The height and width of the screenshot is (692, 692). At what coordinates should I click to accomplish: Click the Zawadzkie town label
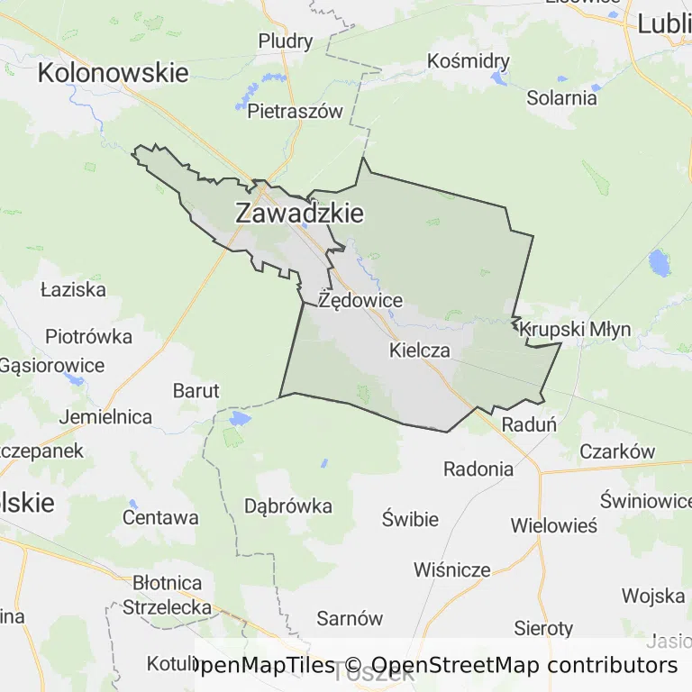tap(299, 214)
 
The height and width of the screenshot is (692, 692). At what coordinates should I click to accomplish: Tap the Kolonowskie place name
tap(114, 73)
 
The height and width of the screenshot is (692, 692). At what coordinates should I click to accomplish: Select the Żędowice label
tap(360, 300)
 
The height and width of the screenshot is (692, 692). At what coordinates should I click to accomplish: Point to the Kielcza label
tap(419, 351)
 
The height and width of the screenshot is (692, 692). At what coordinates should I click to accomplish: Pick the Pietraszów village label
tap(296, 112)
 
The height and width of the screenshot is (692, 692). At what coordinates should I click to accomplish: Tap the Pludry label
tap(285, 41)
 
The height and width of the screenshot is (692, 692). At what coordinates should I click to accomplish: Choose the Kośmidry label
tap(469, 61)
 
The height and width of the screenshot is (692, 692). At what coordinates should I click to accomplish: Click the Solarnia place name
tap(562, 97)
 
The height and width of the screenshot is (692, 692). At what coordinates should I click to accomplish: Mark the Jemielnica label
tap(105, 417)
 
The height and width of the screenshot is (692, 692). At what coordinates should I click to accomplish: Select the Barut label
tap(196, 390)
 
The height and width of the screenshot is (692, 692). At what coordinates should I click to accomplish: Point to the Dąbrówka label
tap(288, 505)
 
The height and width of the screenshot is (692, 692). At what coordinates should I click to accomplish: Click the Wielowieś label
tap(553, 525)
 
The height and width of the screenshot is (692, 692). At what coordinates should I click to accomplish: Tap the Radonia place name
tap(478, 469)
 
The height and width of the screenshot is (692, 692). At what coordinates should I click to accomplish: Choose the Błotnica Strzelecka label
tap(167, 595)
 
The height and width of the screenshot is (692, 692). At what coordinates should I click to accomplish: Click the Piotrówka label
tap(88, 336)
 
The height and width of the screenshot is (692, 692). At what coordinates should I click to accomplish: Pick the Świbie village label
tap(410, 519)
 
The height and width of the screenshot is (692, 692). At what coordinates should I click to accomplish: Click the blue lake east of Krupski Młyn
tap(660, 262)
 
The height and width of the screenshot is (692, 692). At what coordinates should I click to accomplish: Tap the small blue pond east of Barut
tap(239, 418)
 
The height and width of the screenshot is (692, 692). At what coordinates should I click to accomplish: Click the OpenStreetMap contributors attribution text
tap(524, 666)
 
